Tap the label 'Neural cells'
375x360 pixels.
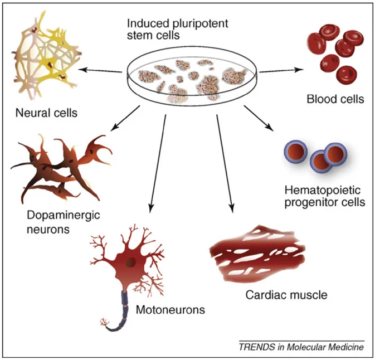46,114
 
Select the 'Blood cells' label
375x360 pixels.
335,100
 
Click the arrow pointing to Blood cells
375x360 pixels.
282,70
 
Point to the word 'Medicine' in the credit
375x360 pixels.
345,347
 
